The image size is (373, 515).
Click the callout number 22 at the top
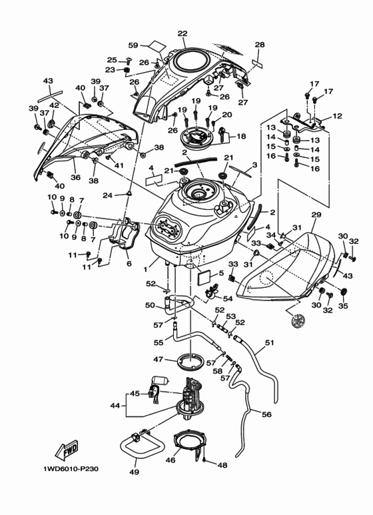click(x=182, y=33)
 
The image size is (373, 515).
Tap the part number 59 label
click(x=133, y=46)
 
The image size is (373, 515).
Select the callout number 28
click(x=260, y=45)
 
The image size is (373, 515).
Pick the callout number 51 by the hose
click(x=269, y=344)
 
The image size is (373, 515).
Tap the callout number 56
click(x=266, y=414)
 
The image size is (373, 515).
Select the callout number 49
click(x=134, y=473)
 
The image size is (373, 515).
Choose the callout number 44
click(x=115, y=404)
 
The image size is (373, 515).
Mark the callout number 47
click(x=159, y=359)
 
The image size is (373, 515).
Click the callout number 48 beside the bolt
click(x=223, y=464)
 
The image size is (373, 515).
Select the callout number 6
click(x=129, y=264)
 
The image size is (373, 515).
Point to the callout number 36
click(x=75, y=178)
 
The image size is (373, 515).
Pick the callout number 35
click(x=344, y=307)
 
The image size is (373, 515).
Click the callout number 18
click(x=241, y=136)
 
